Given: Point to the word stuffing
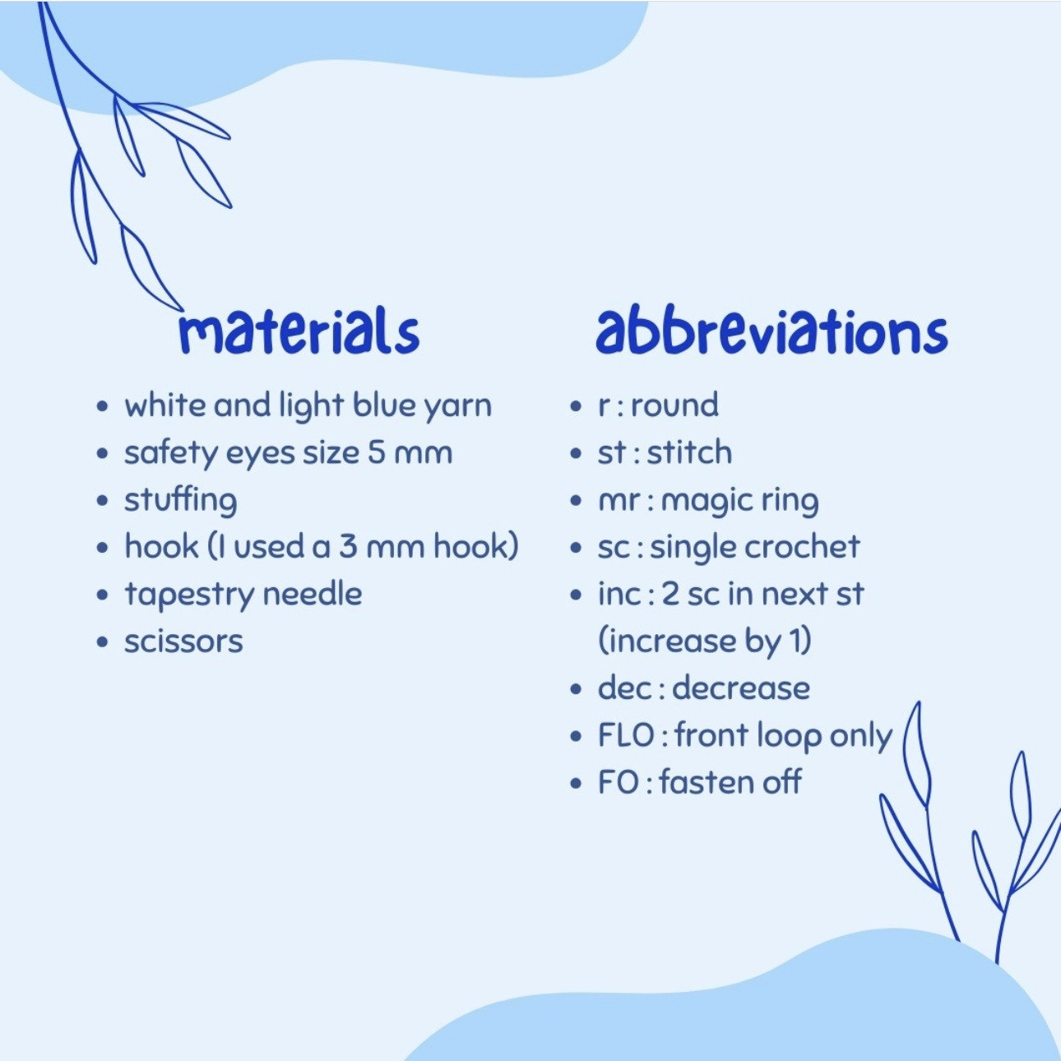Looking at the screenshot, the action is pos(181,502).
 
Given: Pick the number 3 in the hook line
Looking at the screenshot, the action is pos(347,547).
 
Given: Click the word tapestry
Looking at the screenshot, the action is pos(189,595).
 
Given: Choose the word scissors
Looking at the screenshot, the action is pos(183,642).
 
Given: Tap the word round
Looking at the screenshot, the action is pos(674,405).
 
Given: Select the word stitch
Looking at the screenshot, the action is pos(688,452).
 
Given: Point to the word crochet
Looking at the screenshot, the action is pos(804,547).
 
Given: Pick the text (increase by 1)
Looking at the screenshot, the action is pos(705,642).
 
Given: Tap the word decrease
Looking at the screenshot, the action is pos(741,688).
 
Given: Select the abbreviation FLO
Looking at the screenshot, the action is pos(626,735).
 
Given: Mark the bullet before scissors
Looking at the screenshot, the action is pos(102,642).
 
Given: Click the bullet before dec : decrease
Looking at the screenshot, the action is pos(576,688).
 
